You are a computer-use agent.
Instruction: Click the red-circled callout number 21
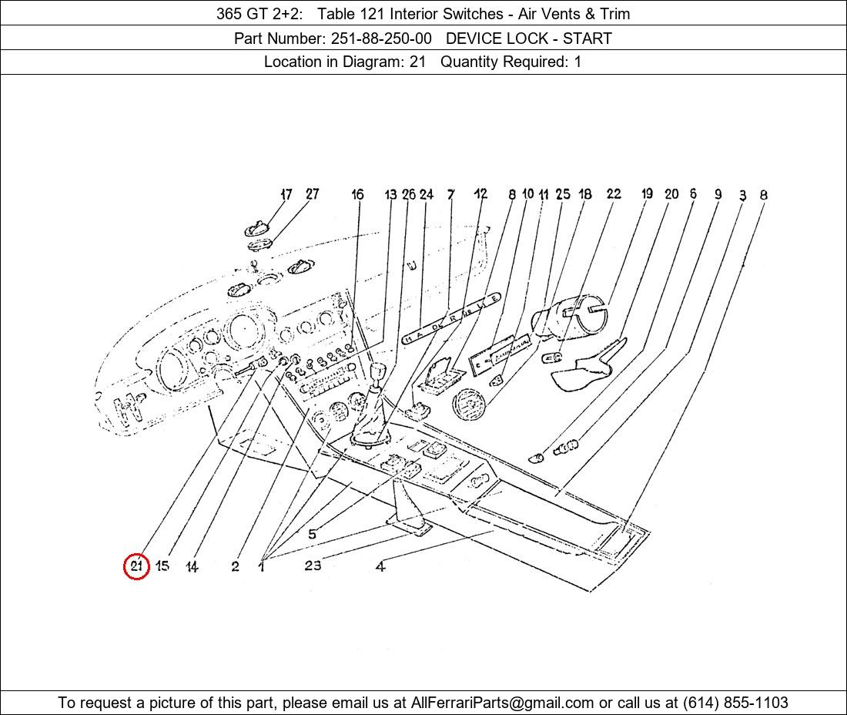136,566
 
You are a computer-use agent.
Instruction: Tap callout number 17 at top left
286,194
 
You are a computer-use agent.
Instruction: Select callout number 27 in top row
312,194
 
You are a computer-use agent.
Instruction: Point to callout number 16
357,195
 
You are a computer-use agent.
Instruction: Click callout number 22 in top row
613,194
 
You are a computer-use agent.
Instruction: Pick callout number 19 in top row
647,194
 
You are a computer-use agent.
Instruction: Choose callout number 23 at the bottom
313,566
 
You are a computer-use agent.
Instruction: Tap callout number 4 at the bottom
380,567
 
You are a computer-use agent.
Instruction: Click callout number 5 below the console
312,534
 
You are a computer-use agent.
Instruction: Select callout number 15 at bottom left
162,566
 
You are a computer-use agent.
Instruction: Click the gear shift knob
377,374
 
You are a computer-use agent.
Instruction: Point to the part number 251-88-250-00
380,38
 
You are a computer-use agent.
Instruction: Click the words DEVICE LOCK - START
529,38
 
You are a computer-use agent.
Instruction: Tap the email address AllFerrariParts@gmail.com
502,703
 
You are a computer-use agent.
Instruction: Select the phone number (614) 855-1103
735,703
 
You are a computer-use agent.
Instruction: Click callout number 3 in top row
742,196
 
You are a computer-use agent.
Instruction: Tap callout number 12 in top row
480,194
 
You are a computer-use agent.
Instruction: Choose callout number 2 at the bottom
235,567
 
